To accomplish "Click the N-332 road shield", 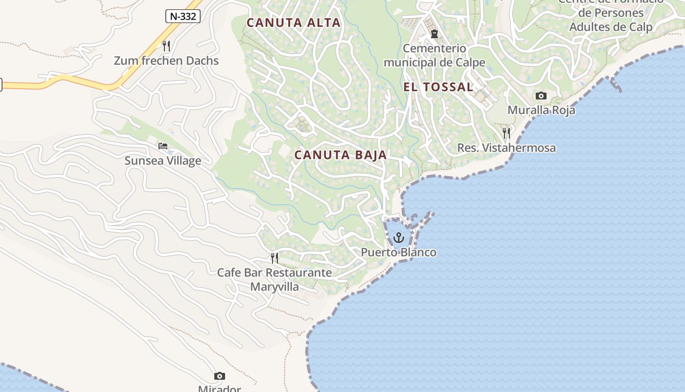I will [x=183, y=16].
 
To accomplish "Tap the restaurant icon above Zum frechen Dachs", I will [x=166, y=46].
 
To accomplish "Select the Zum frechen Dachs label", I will [x=166, y=61].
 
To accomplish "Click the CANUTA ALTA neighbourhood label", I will [x=294, y=23].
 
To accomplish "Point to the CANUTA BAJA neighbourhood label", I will [x=341, y=155].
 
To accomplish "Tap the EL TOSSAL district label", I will [x=438, y=87].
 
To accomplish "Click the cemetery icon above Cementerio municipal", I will [x=434, y=34].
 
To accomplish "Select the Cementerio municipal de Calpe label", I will [x=434, y=55].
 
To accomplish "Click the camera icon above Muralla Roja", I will [x=541, y=96].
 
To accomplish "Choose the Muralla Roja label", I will [x=541, y=110].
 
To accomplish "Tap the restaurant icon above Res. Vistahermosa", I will [x=506, y=133].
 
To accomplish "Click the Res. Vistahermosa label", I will [x=506, y=148].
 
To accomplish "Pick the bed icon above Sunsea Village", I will [x=163, y=146].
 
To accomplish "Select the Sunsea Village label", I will [x=163, y=161].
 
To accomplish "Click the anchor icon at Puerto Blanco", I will [x=399, y=238].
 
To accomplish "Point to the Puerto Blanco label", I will [x=399, y=252].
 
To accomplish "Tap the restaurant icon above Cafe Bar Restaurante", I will [x=274, y=258].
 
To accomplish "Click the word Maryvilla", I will [x=274, y=287].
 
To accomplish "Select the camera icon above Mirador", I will [x=220, y=376].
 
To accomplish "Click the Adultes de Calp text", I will [x=611, y=26].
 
